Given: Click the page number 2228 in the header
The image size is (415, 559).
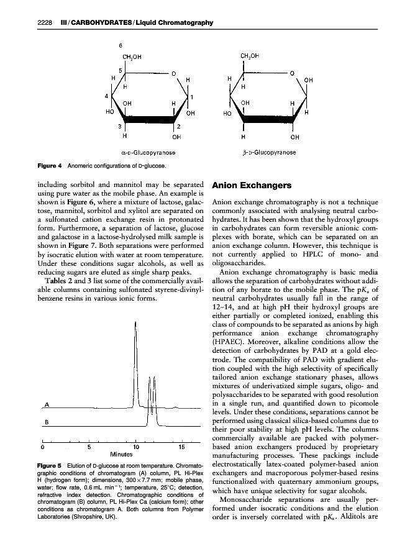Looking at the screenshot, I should pos(43,23).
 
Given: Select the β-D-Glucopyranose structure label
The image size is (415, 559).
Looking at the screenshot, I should pos(268,152).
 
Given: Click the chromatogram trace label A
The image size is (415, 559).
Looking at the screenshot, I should pos(47,405).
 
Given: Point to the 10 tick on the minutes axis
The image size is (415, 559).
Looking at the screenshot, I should pos(136,445).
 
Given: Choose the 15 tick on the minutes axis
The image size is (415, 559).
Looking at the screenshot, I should pos(181,445).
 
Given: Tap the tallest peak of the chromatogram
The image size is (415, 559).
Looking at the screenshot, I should pos(134,323).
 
